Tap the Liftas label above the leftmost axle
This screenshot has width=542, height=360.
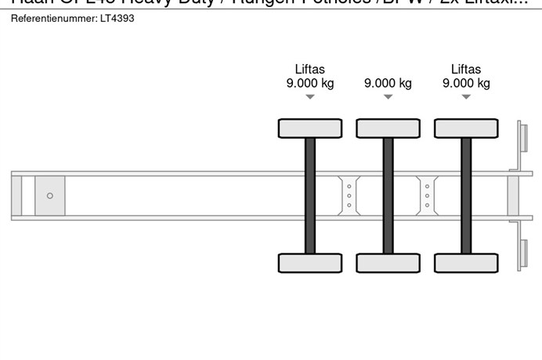pos(310,69)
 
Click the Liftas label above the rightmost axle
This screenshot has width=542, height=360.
pos(466,69)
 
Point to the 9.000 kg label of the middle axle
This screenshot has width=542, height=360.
pos(388,83)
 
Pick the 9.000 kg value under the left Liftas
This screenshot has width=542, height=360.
pos(310,83)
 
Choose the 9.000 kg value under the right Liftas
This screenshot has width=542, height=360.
pos(466,83)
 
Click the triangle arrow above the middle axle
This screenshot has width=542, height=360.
pos(388,97)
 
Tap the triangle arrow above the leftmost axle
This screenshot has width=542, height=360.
pos(310,97)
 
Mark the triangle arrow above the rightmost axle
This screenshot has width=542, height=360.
pos(466,97)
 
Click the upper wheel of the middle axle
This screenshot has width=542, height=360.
pos(388,128)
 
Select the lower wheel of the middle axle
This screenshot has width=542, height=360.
pos(388,263)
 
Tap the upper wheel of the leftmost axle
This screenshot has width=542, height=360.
pos(310,128)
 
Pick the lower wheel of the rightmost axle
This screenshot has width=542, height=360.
pos(466,263)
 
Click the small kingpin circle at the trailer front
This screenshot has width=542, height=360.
pos(50,196)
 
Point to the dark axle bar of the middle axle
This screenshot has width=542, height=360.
pos(388,196)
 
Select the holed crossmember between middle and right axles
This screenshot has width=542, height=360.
pos(427,195)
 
